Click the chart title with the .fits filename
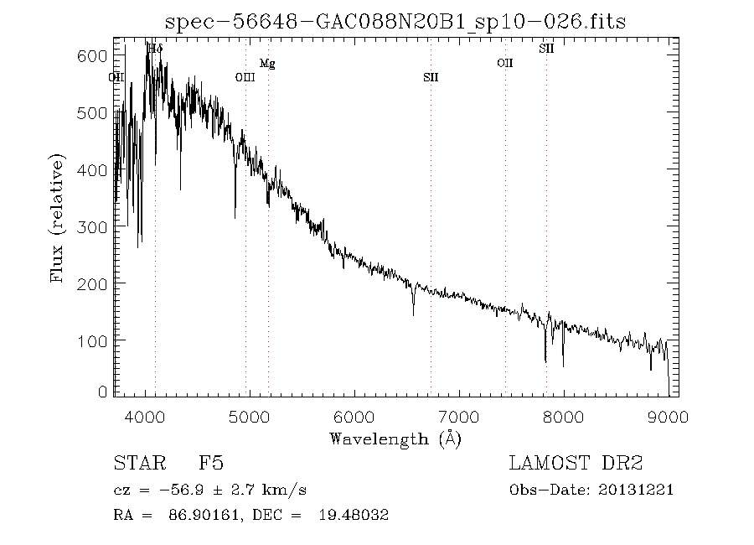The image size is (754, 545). (395, 22)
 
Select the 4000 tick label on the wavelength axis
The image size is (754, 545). (146, 417)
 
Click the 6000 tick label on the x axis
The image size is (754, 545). (354, 417)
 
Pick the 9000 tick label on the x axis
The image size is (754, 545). (667, 417)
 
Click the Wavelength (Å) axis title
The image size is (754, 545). (395, 439)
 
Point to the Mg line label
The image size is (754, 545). (267, 64)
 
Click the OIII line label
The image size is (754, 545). (245, 78)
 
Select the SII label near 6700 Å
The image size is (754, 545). (431, 78)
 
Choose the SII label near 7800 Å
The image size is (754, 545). (546, 49)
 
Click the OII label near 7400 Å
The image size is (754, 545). (504, 63)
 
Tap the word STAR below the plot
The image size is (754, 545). (135, 463)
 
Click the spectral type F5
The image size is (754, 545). (210, 463)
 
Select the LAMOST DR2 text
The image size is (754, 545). (576, 463)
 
